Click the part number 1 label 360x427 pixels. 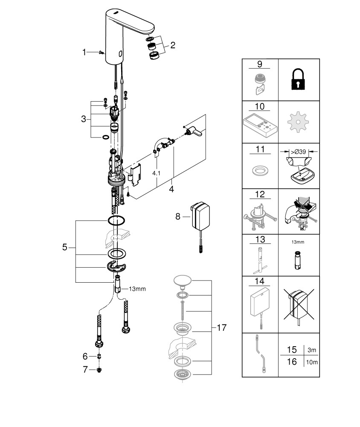point(84,52)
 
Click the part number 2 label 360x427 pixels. point(172,45)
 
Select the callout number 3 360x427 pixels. point(84,119)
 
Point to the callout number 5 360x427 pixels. point(65,247)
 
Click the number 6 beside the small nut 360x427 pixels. point(85,356)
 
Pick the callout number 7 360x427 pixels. point(85,369)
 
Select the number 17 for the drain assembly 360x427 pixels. point(221,328)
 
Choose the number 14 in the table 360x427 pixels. point(259,281)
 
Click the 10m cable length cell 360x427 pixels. point(312,362)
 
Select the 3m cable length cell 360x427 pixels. point(312,350)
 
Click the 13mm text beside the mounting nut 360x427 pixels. point(137,289)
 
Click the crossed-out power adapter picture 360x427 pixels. point(298,304)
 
